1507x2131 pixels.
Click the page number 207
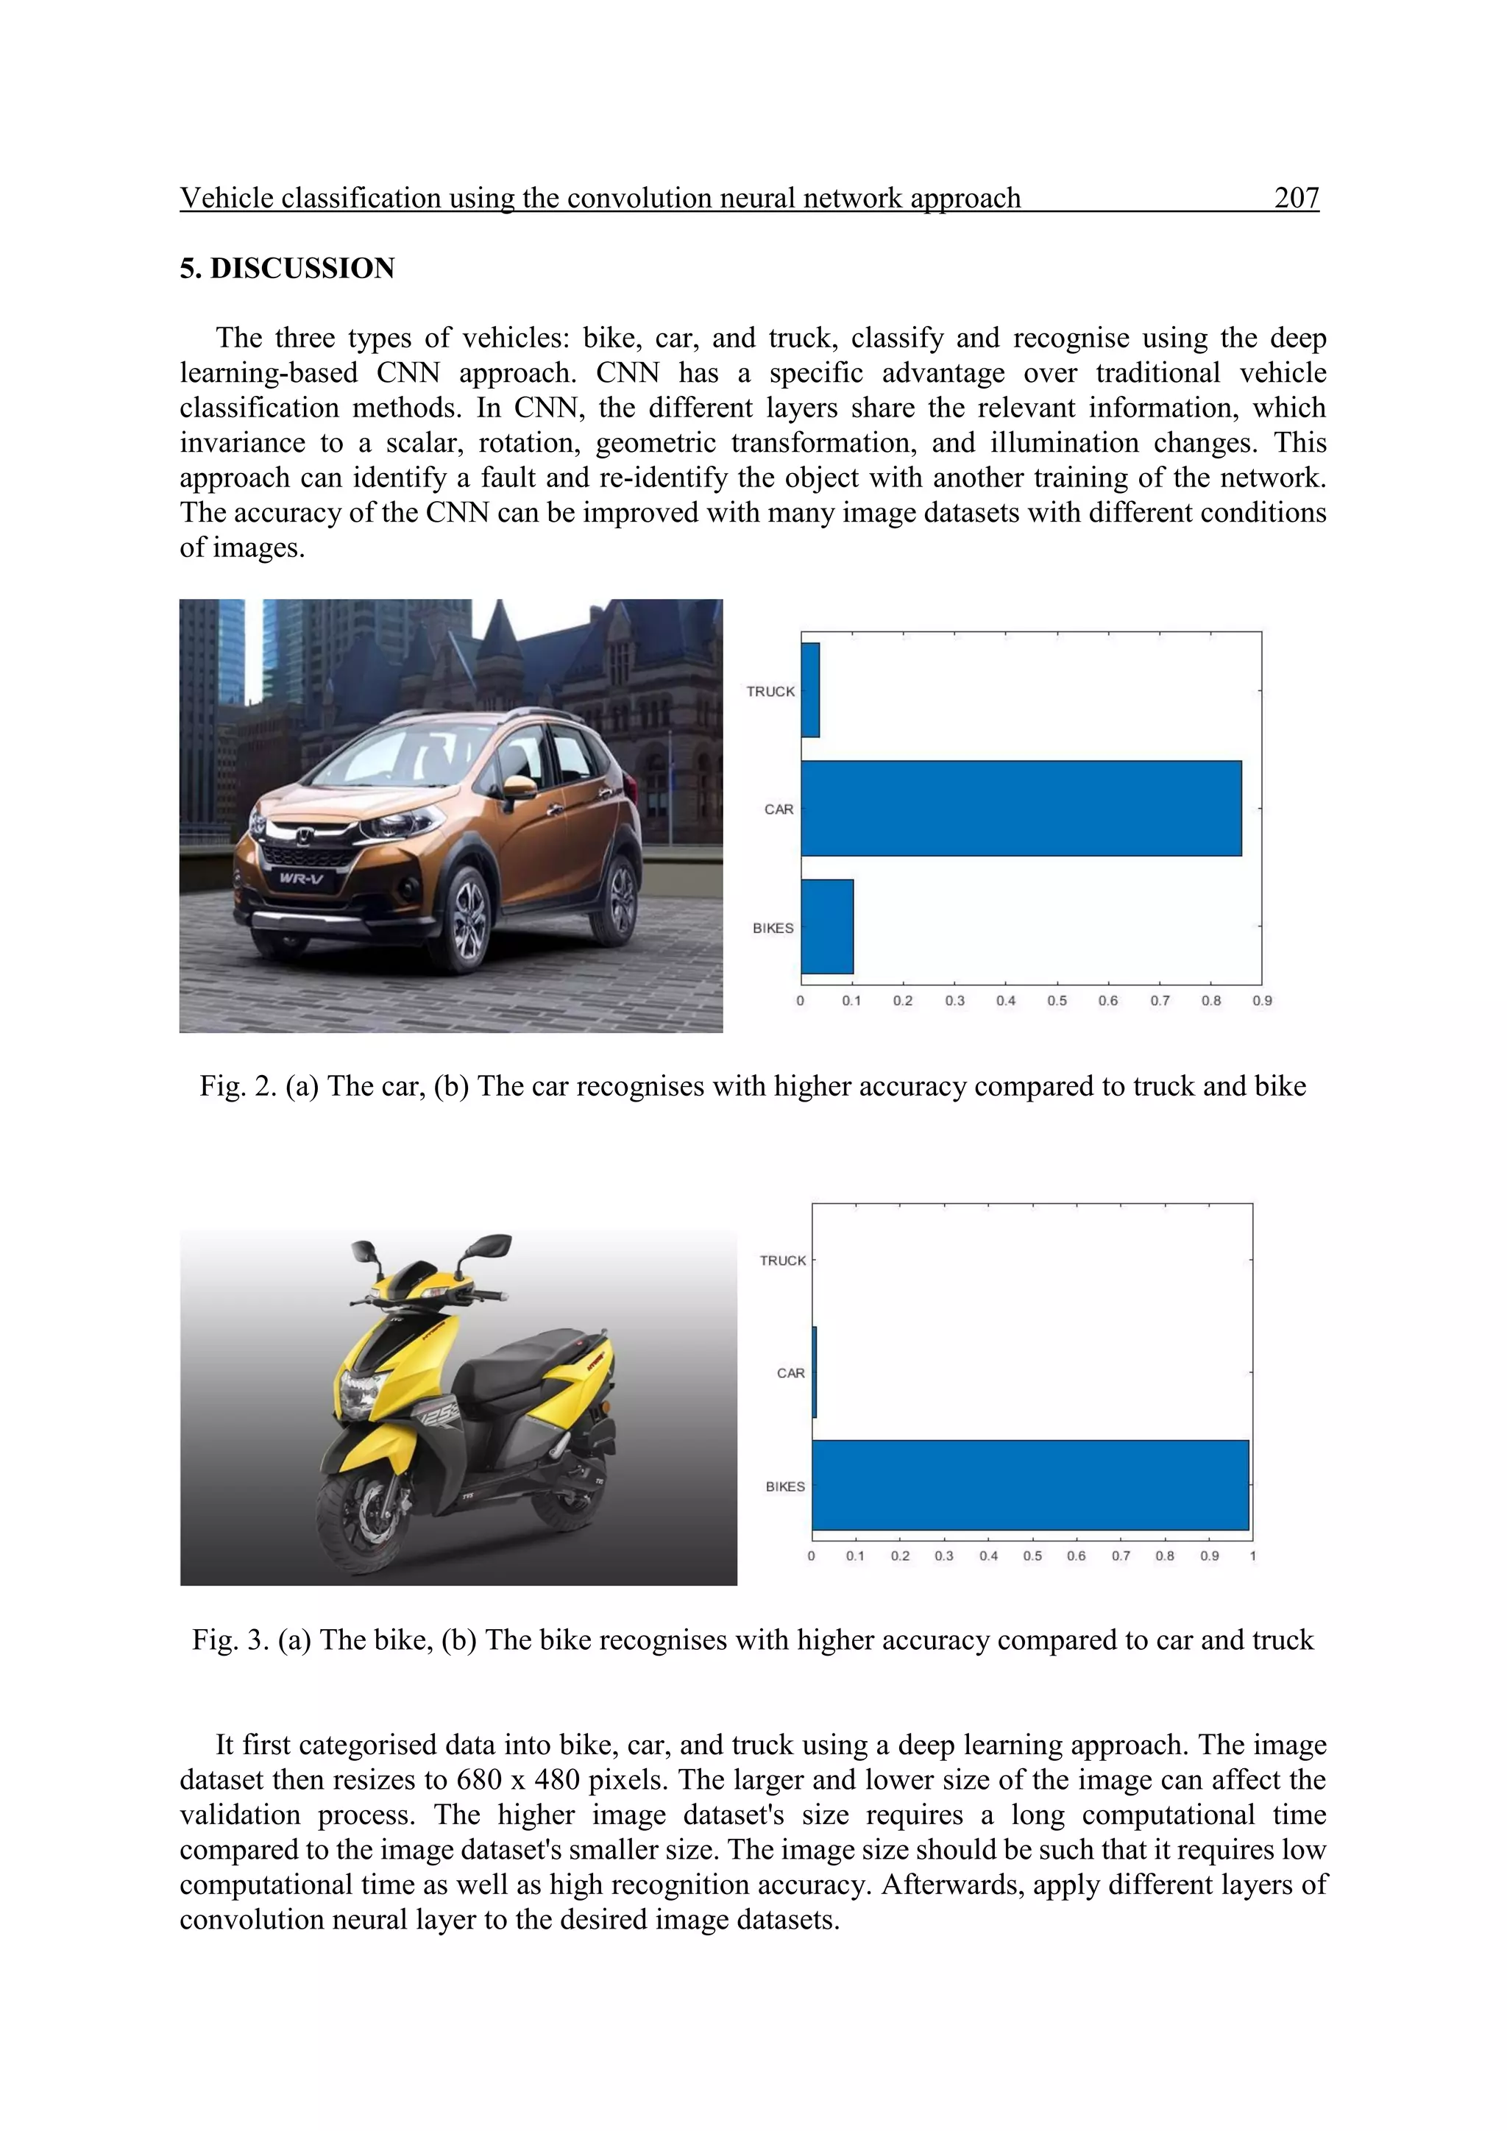coord(1297,198)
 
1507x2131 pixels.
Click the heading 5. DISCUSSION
coord(287,269)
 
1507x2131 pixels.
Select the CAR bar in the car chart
coord(1021,809)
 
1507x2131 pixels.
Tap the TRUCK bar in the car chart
coord(810,690)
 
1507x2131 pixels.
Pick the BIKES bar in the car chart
coord(827,926)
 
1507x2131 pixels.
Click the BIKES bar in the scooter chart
coord(1030,1485)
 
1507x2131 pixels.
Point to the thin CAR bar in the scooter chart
coord(815,1372)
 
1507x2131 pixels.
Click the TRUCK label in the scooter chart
coord(782,1260)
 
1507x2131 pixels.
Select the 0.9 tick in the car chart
coord(1262,1001)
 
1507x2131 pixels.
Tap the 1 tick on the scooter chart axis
coord(1252,1556)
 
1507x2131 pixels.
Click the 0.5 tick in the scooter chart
coord(1032,1556)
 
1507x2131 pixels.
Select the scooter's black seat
coord(520,1357)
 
